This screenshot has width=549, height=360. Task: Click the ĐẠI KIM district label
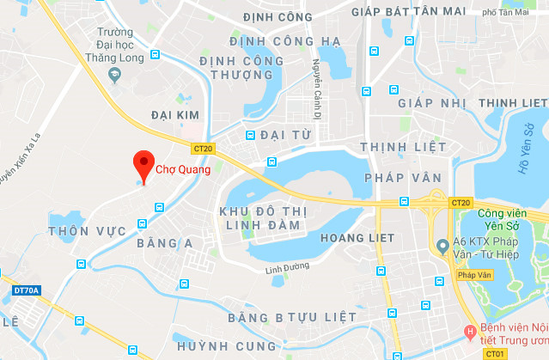pyautogui.click(x=176, y=114)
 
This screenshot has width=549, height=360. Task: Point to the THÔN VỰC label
pyautogui.click(x=88, y=231)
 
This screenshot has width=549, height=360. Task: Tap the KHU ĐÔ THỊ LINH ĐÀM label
pyautogui.click(x=260, y=218)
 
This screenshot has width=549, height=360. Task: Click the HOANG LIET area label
pyautogui.click(x=357, y=237)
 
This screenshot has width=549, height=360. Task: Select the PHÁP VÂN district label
pyautogui.click(x=394, y=177)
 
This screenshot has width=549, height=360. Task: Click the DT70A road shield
pyautogui.click(x=27, y=291)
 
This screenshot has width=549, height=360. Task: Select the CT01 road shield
pyautogui.click(x=495, y=352)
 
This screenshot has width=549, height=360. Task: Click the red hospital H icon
pyautogui.click(x=470, y=331)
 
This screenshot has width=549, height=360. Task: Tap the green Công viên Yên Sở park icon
pyautogui.click(x=463, y=204)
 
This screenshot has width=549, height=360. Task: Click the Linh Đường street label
pyautogui.click(x=285, y=269)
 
